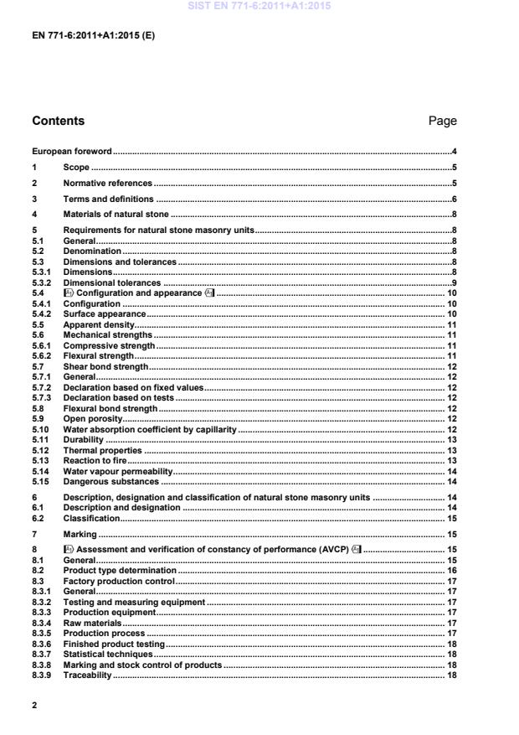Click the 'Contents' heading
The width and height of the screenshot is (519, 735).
point(58,121)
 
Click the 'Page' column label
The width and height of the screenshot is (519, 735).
point(442,121)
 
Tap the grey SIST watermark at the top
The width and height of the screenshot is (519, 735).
point(259,6)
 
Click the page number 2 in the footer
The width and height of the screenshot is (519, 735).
point(34,706)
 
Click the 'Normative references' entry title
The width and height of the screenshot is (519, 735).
point(107,183)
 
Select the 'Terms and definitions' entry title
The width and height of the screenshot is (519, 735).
point(108,199)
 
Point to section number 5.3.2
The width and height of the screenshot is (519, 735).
point(42,282)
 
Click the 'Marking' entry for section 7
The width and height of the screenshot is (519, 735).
point(79,533)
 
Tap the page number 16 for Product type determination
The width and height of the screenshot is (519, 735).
point(450,570)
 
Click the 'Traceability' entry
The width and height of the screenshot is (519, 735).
point(87,675)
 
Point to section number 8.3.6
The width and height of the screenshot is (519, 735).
point(42,644)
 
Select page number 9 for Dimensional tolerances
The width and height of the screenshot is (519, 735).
point(453,282)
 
